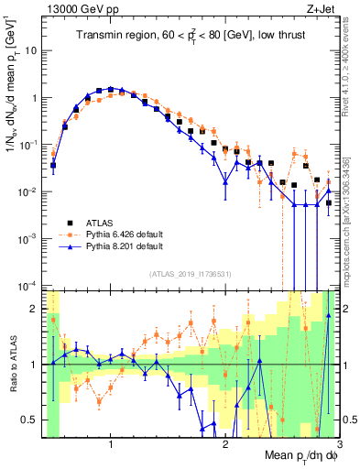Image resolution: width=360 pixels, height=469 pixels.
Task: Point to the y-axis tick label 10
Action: (32, 50)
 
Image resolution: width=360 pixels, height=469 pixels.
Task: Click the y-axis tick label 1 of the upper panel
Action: (37, 98)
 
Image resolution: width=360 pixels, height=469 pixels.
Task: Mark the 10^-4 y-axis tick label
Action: (30, 286)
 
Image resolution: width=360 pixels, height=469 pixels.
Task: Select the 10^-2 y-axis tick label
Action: (30, 191)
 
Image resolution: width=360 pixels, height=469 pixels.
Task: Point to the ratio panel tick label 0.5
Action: (32, 420)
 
